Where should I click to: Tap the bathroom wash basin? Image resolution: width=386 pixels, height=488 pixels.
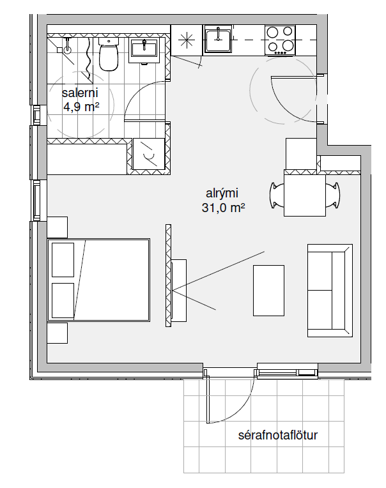[144, 50]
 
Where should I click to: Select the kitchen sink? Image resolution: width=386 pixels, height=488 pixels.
[218, 38]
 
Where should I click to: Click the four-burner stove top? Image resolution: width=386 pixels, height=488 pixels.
[280, 40]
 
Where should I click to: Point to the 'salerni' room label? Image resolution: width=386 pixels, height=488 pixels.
[80, 93]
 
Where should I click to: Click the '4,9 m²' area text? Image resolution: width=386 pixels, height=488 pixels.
[81, 107]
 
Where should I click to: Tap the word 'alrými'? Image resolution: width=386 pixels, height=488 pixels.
[222, 194]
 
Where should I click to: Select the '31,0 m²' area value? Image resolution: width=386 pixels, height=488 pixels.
[223, 208]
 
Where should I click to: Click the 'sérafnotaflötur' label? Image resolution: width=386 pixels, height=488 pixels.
[277, 435]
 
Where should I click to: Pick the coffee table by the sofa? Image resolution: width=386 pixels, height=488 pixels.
[268, 291]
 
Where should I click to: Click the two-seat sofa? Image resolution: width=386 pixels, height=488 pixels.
[330, 291]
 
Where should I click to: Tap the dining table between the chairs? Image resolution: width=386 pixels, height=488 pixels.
[305, 195]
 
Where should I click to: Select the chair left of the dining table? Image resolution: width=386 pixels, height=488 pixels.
[277, 195]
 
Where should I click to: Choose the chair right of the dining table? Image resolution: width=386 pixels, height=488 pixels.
[333, 195]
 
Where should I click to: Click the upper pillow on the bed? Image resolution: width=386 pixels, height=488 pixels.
[63, 260]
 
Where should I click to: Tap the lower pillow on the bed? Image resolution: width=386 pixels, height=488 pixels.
[63, 300]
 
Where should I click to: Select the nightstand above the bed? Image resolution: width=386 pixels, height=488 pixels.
[58, 227]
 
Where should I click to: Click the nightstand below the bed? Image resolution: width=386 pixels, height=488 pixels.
[58, 333]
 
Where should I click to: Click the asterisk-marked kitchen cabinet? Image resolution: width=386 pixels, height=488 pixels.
[187, 40]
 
